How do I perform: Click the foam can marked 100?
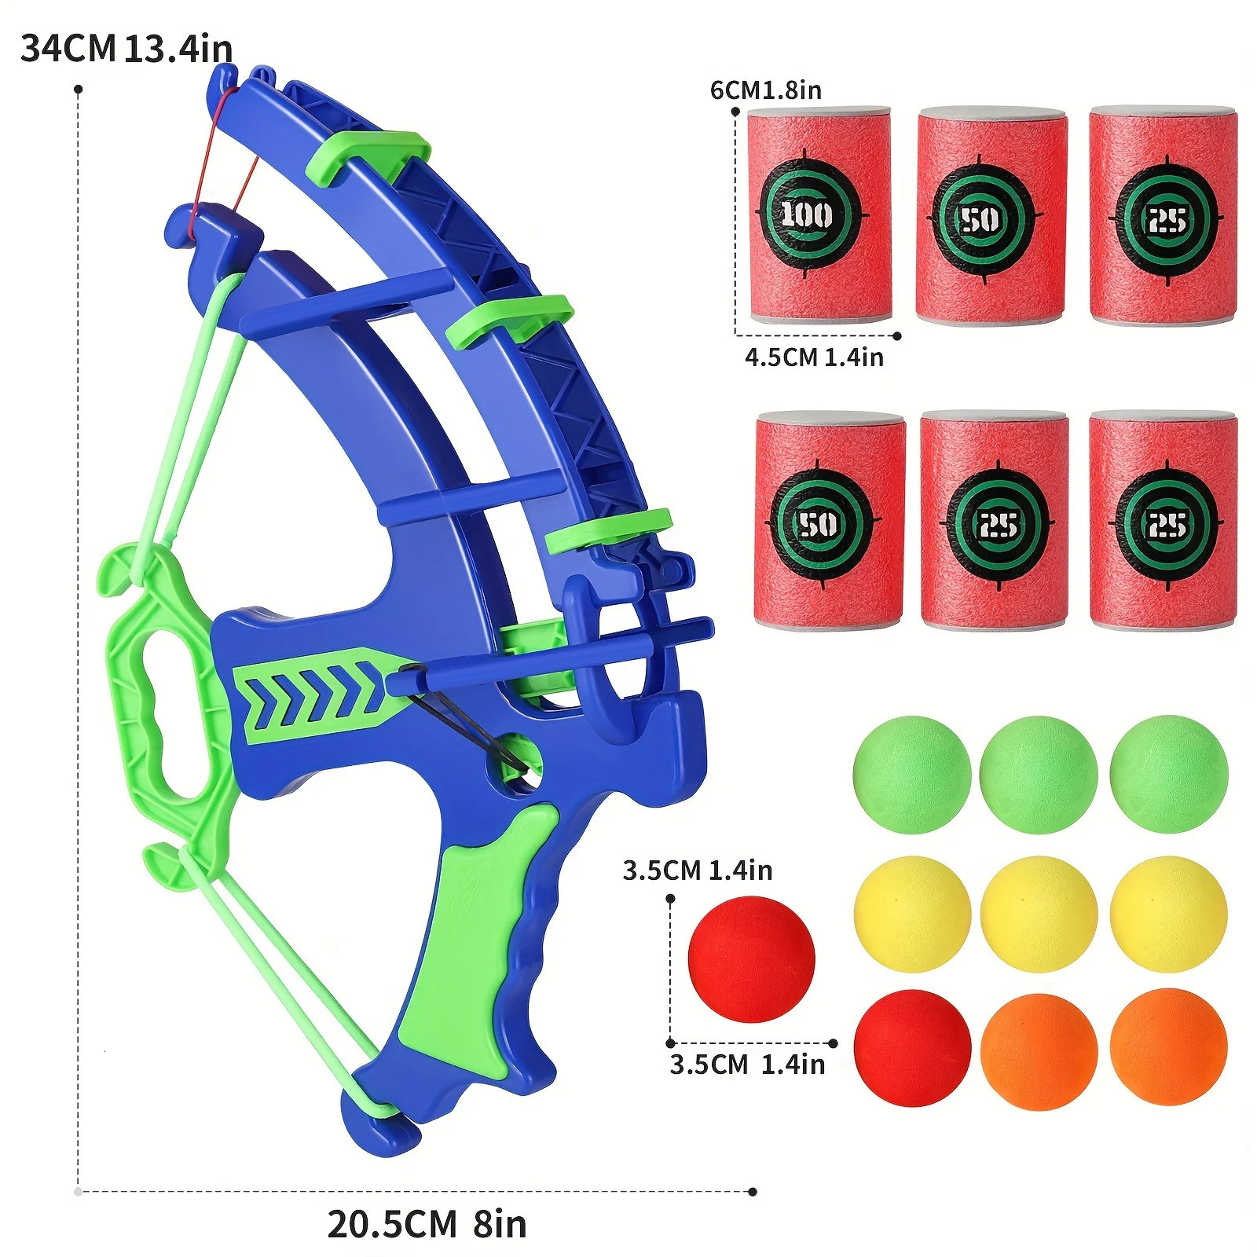pos(819,214)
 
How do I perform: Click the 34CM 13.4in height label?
pos(126,49)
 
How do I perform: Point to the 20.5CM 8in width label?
pos(427,1223)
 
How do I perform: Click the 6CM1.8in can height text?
pos(765,90)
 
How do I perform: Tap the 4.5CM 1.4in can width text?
pos(814,357)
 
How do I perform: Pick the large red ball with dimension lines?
pos(751,958)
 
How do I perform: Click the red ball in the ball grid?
pos(912,1047)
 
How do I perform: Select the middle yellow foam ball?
pos(1039,914)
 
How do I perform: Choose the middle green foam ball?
pos(1039,774)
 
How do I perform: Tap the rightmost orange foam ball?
pos(1168,1046)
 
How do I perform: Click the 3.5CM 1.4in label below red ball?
pos(747,1065)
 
